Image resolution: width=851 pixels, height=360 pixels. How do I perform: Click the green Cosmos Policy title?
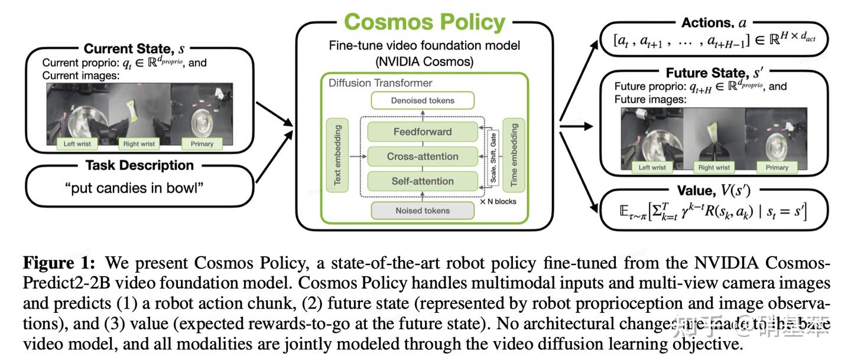(x=424, y=22)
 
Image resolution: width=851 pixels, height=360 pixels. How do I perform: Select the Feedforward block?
(x=422, y=132)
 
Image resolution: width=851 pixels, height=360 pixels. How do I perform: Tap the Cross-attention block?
(x=422, y=156)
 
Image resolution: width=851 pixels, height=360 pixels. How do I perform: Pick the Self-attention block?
(x=422, y=181)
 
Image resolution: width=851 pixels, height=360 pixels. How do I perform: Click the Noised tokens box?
(x=422, y=210)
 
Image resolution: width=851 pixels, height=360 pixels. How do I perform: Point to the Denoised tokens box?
(x=422, y=100)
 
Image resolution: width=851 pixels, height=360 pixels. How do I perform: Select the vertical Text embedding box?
(x=337, y=155)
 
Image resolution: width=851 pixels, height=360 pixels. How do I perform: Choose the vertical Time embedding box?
(x=513, y=155)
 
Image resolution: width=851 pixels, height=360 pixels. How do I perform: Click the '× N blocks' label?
(x=498, y=202)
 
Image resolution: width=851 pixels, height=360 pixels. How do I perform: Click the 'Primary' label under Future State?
(x=777, y=168)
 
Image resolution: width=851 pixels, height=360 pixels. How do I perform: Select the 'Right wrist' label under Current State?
(x=139, y=143)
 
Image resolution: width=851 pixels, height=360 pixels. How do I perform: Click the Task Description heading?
(x=139, y=165)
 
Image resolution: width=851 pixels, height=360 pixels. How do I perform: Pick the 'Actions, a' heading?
(x=713, y=22)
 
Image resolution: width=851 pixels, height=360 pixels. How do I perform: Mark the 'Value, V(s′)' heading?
(x=713, y=190)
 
